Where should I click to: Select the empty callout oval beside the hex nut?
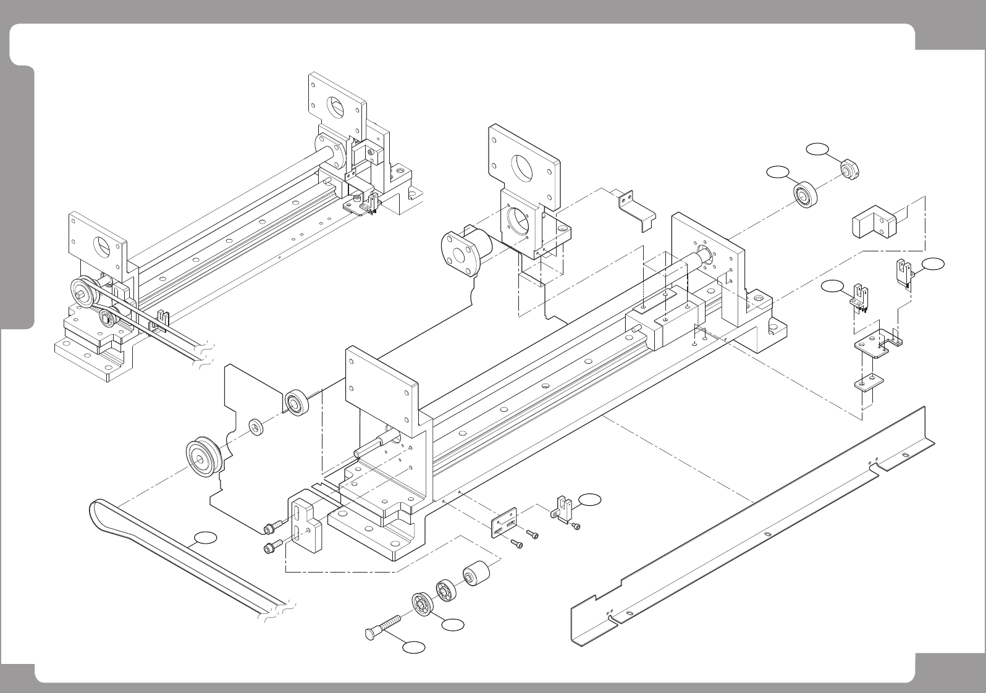point(817,148)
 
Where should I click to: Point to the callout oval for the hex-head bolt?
point(414,647)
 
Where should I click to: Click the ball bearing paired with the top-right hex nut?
point(806,196)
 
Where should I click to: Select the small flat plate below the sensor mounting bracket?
point(869,384)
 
